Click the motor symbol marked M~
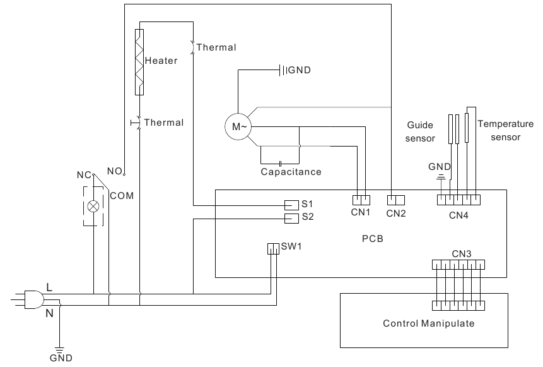238,127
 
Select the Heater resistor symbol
139,61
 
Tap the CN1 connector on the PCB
359,200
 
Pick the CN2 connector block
395,200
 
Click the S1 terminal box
291,205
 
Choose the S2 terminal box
291,218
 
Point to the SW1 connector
272,248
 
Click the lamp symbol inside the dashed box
93,206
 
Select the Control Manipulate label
428,323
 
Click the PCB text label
372,239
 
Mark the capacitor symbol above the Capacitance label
279,162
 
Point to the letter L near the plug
50,286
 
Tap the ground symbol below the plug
60,349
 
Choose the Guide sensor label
420,131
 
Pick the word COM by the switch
122,196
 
